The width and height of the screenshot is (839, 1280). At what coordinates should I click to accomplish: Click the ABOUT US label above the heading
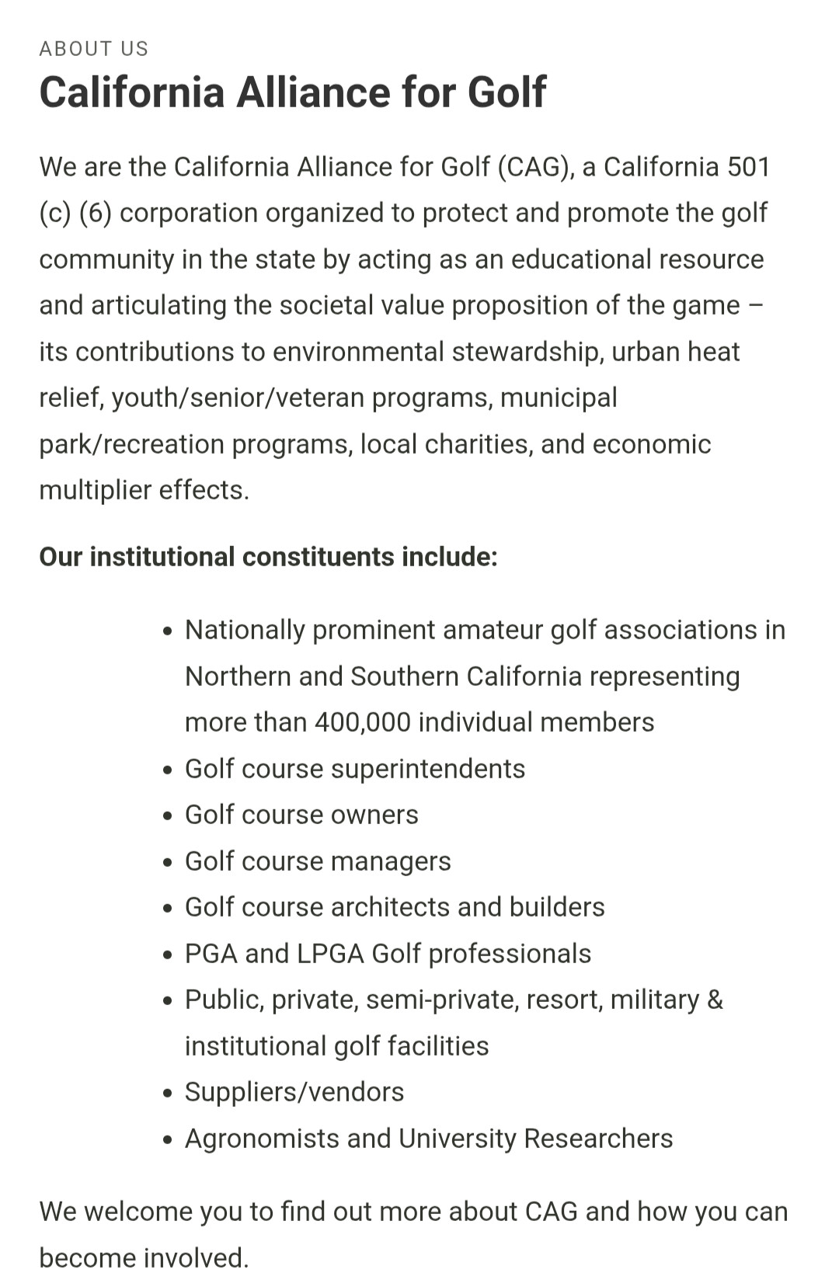[x=93, y=49]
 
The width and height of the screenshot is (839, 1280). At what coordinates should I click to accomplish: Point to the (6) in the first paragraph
[x=96, y=213]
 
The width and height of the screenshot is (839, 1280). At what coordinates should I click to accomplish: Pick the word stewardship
[x=527, y=352]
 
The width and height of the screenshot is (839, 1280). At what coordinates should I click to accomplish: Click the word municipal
[x=559, y=398]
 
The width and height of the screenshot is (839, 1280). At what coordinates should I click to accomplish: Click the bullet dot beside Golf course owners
[x=168, y=816]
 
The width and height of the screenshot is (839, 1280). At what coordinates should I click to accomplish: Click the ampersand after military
[x=715, y=1000]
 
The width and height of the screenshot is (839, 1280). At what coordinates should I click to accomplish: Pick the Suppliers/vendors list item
[x=294, y=1092]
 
